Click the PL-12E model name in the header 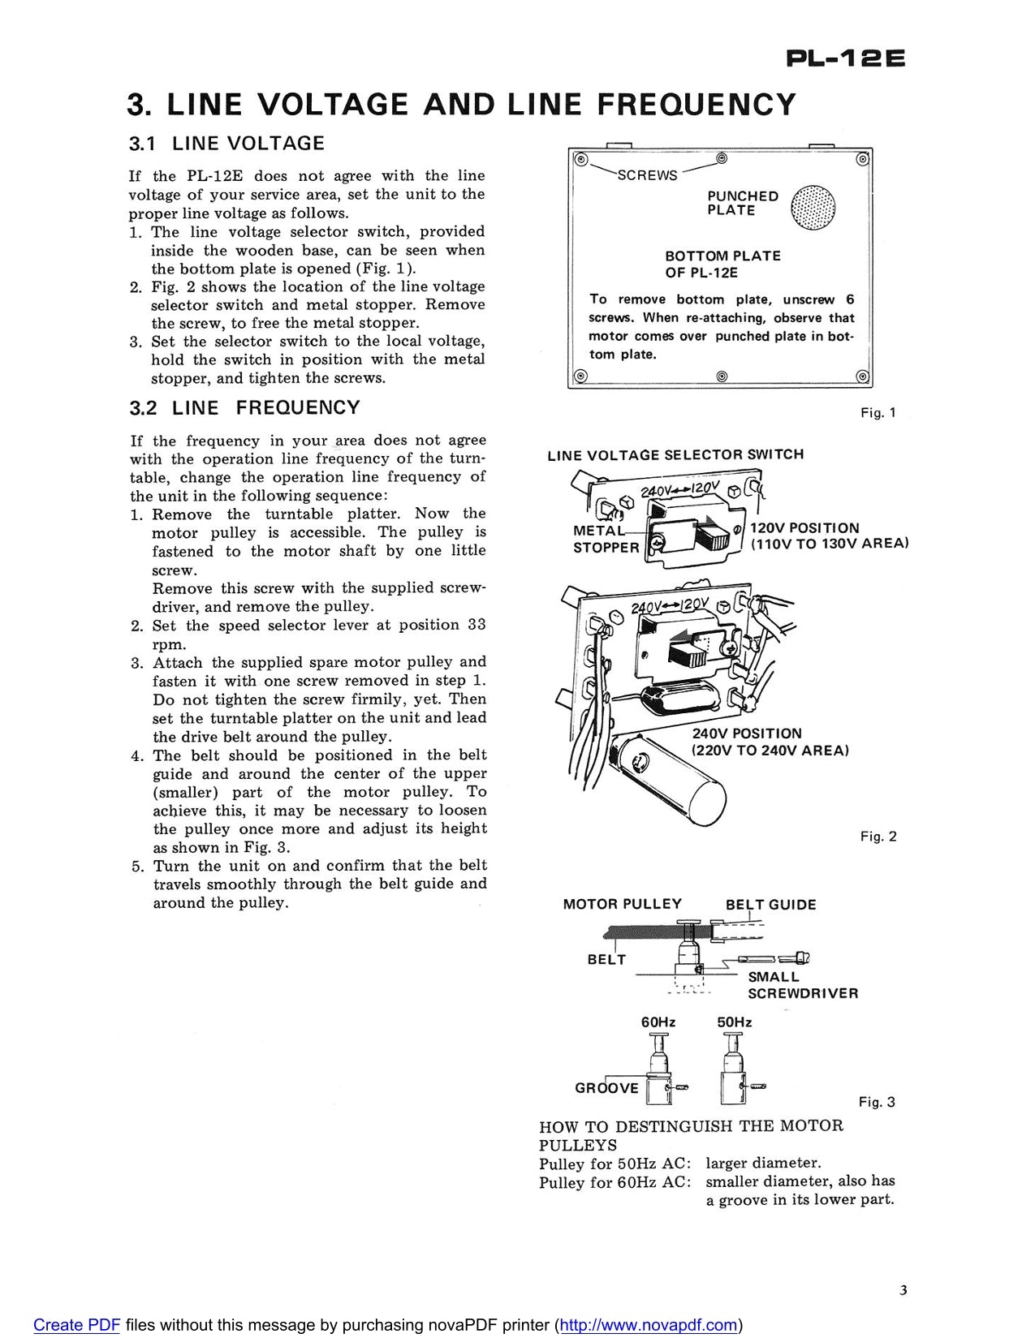click(x=845, y=59)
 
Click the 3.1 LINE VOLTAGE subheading click(x=226, y=144)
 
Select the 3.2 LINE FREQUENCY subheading click(x=244, y=408)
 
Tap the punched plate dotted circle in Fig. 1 click(x=813, y=206)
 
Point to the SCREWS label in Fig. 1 click(x=647, y=175)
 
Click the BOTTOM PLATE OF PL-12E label click(x=722, y=264)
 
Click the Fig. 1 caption click(x=878, y=413)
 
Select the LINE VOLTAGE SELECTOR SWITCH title click(x=675, y=455)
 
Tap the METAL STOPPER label click(x=606, y=540)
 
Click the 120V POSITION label click(x=804, y=528)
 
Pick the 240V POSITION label click(x=746, y=734)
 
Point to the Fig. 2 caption click(x=878, y=837)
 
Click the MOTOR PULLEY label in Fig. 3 click(x=622, y=905)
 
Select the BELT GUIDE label click(x=770, y=905)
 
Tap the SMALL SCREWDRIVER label click(x=801, y=985)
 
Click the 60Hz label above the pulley click(x=658, y=1022)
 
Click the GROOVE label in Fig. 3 click(x=606, y=1088)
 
